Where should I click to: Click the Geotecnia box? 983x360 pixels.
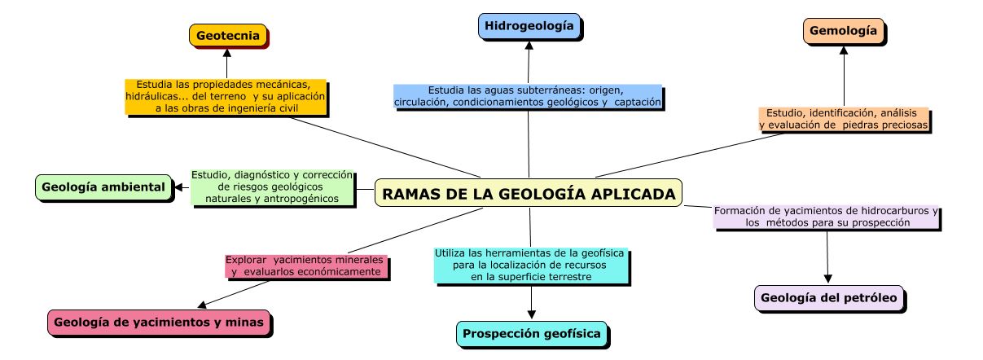point(228,35)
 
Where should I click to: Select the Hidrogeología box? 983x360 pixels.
point(529,26)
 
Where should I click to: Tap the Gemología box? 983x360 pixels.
point(843,31)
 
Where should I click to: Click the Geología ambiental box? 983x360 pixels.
point(103,187)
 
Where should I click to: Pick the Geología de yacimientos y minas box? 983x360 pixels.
point(158,323)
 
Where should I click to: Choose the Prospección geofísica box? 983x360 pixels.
point(531,333)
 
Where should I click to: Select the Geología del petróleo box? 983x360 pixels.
point(828,298)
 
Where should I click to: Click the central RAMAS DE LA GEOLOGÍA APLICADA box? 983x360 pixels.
point(529,194)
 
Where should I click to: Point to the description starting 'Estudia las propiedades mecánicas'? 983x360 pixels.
point(226,96)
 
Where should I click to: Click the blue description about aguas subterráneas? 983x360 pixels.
point(528,95)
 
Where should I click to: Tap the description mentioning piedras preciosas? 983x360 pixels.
point(844,119)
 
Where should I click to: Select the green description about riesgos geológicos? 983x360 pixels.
point(272,187)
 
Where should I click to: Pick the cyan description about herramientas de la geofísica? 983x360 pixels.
point(529,265)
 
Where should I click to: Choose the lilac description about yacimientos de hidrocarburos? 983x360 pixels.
point(826,216)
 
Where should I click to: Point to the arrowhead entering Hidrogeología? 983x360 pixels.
point(529,44)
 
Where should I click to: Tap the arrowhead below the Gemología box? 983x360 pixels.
point(844,49)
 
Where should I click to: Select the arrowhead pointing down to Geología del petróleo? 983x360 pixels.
point(828,278)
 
